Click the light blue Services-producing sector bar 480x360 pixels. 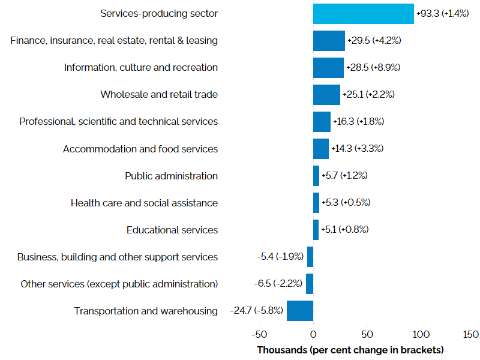(x=363, y=14)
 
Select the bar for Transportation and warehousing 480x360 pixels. (x=299, y=311)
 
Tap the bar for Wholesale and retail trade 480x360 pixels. (x=326, y=95)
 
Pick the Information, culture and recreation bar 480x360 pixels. (x=328, y=68)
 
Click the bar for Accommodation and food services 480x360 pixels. (x=320, y=149)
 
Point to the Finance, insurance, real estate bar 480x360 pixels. (x=329, y=41)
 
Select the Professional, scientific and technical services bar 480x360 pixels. (x=322, y=122)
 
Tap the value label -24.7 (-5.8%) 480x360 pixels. (x=257, y=311)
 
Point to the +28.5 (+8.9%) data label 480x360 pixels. (x=373, y=68)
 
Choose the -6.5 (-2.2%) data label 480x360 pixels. (x=278, y=284)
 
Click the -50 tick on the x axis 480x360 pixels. (x=259, y=334)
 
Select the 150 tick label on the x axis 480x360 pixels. (x=471, y=334)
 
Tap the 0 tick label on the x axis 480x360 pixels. (x=313, y=334)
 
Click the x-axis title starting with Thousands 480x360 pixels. (x=350, y=350)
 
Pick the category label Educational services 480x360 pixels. (x=172, y=230)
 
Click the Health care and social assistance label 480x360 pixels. (x=144, y=203)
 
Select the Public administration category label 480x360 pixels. (x=171, y=176)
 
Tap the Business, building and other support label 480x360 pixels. (x=118, y=257)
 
